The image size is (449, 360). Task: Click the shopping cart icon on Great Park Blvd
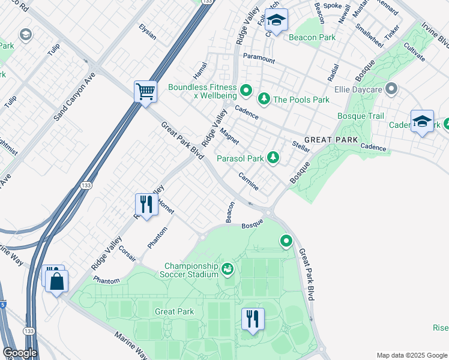(145, 92)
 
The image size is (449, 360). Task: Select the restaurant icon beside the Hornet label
(146, 205)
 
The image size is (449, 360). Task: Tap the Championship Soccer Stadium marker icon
(228, 269)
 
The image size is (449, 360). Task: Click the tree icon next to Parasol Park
(273, 157)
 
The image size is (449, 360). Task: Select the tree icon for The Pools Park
(263, 98)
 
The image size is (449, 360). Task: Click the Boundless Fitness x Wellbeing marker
(246, 91)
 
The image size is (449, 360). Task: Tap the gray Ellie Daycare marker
(391, 90)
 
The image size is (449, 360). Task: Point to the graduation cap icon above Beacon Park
(276, 21)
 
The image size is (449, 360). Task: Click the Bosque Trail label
(360, 115)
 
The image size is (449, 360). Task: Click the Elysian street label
(147, 32)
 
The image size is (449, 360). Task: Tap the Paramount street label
(259, 59)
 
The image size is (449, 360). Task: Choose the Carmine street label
(249, 181)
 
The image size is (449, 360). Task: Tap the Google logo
(20, 353)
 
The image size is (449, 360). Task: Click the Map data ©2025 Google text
(411, 355)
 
